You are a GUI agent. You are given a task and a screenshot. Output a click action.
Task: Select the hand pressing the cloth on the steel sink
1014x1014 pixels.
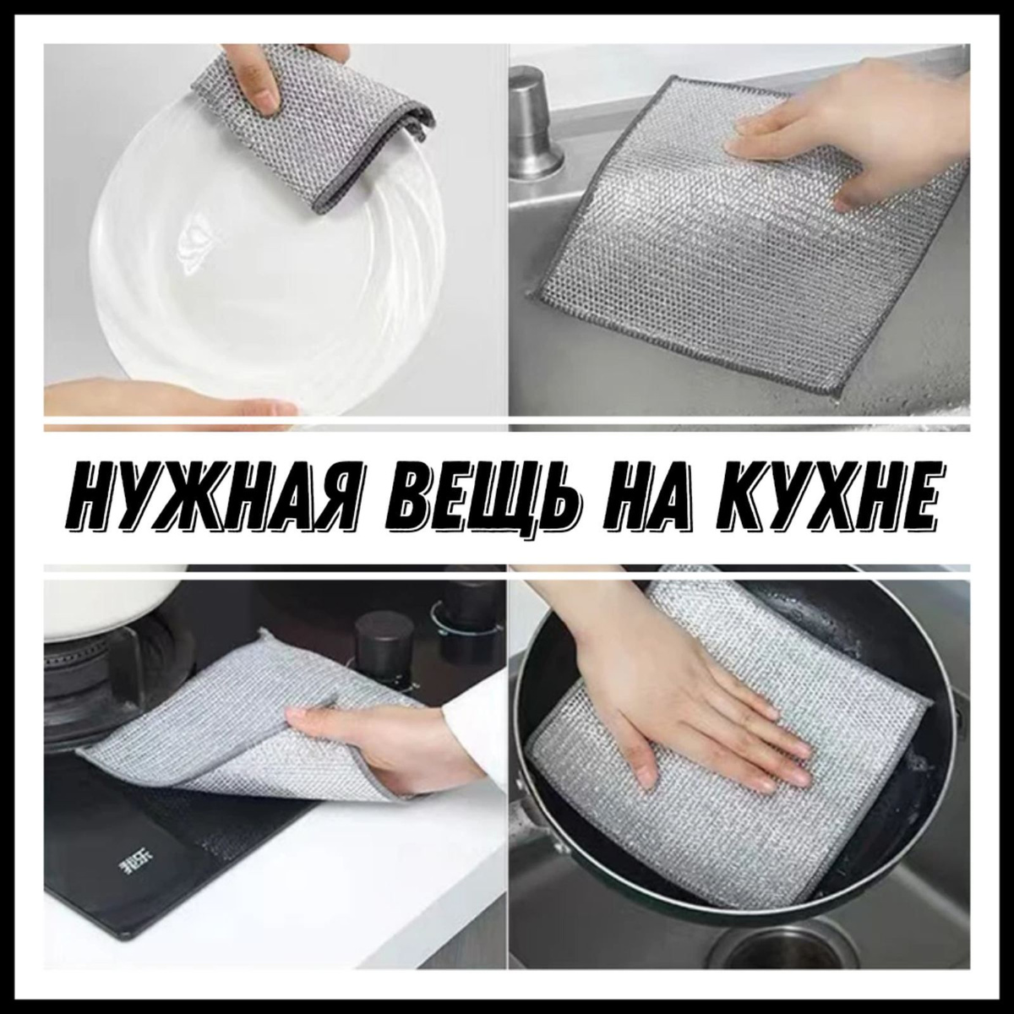[x=863, y=126]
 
